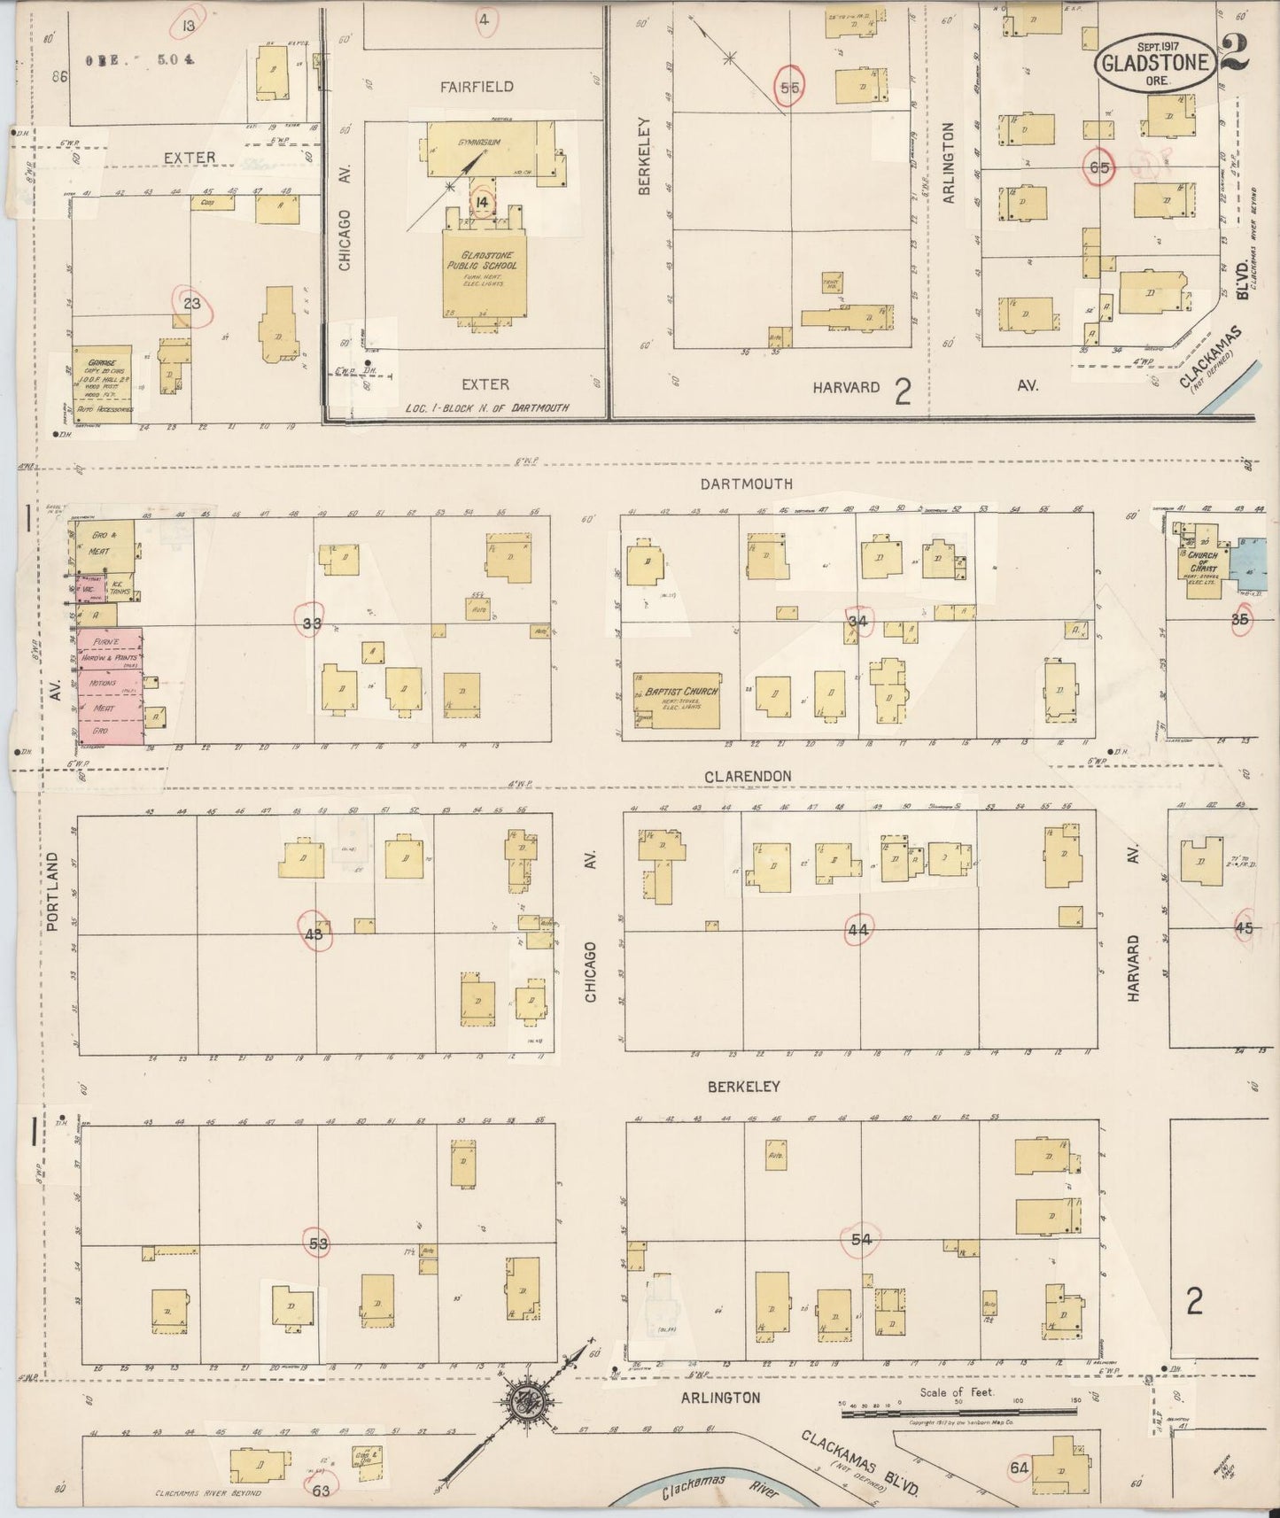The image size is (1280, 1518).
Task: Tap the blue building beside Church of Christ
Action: pos(1252,558)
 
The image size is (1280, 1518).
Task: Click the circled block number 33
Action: pos(311,623)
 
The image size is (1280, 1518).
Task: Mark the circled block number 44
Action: pos(857,930)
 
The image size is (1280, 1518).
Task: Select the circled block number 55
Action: pos(789,87)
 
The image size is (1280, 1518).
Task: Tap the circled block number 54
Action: pos(861,1240)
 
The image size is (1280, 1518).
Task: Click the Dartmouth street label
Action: pos(746,484)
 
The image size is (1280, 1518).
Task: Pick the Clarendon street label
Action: pos(748,776)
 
